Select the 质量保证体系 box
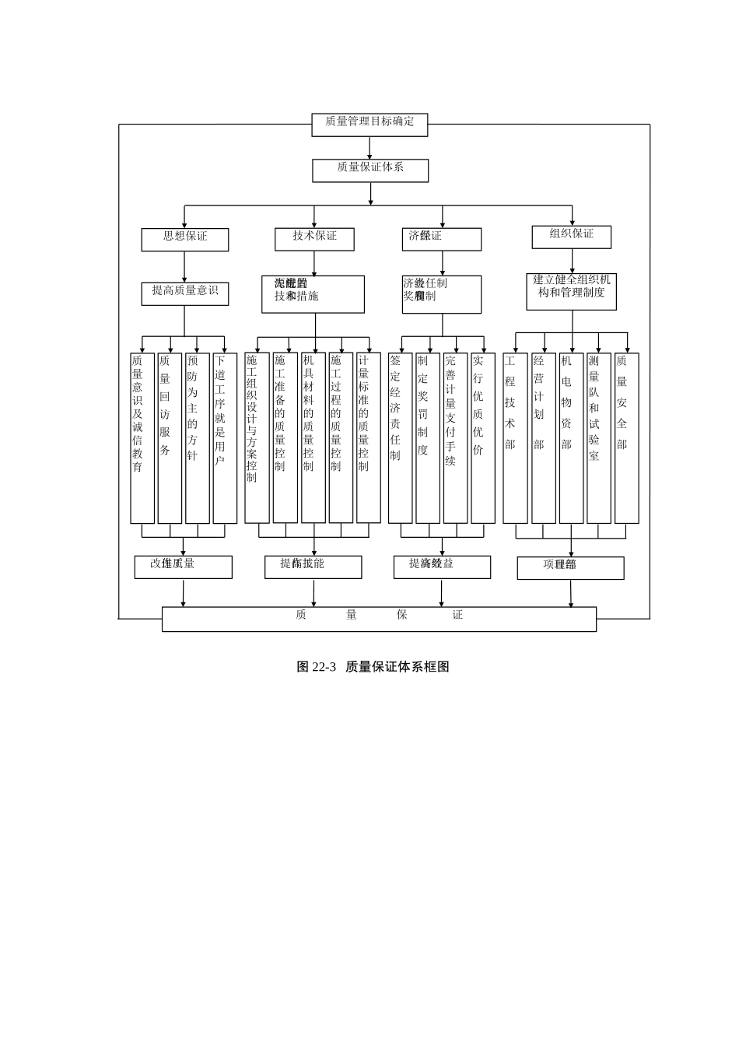tap(370, 170)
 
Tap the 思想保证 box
tap(185, 240)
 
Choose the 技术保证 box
tap(314, 239)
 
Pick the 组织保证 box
tap(572, 237)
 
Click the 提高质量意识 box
tap(185, 293)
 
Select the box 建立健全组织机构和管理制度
tap(572, 290)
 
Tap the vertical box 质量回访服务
tap(170, 438)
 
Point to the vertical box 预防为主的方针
tap(198, 438)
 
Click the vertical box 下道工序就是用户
tap(225, 438)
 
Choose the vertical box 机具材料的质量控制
tap(313, 437)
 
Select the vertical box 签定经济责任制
tap(401, 438)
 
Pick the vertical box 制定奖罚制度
tap(428, 438)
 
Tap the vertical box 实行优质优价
tap(483, 438)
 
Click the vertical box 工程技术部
tap(515, 438)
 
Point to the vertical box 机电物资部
tap(571, 438)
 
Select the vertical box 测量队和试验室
tap(599, 438)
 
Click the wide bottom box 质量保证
tap(379, 619)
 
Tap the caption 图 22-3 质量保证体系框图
tap(373, 667)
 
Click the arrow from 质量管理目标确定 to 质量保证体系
tap(370, 148)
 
